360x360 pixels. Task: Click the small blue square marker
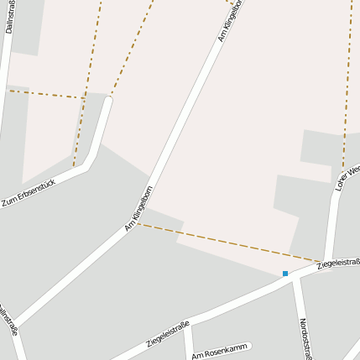point(285,274)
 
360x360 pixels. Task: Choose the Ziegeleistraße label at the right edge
point(338,264)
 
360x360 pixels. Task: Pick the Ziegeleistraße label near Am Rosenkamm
point(168,333)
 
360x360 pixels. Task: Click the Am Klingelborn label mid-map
point(138,208)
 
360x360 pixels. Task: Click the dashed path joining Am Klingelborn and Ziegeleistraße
point(227,243)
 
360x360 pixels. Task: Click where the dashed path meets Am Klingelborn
point(138,223)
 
